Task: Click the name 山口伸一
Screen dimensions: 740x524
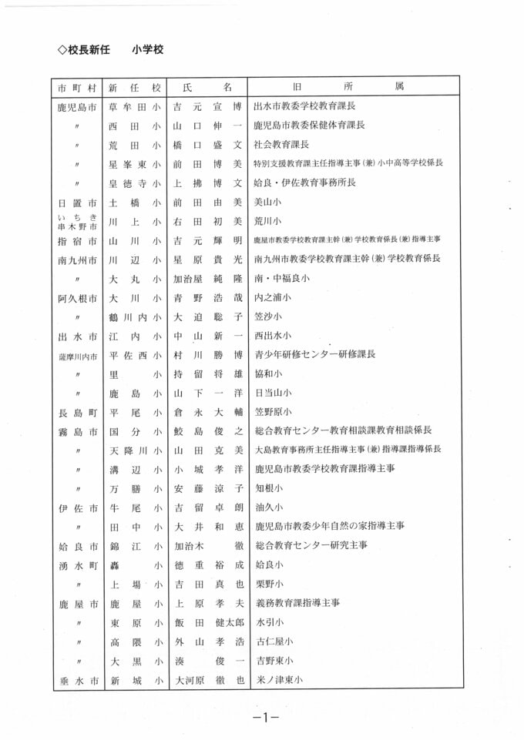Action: coord(207,125)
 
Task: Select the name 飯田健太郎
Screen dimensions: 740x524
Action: coord(207,622)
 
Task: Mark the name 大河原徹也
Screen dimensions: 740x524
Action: coord(207,680)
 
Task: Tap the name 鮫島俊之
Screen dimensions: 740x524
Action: coord(207,430)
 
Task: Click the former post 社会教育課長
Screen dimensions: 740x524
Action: coord(281,144)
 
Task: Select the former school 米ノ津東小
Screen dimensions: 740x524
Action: coord(278,680)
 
